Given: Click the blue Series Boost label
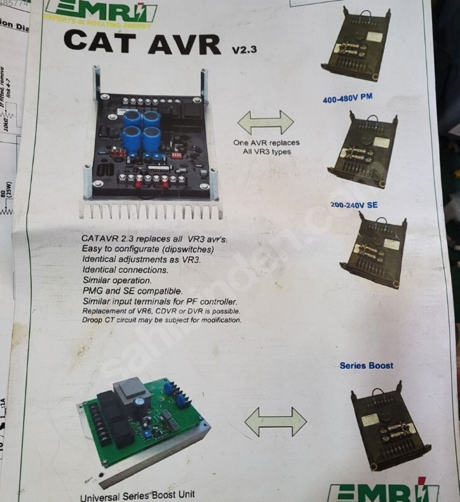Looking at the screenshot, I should pyautogui.click(x=366, y=366).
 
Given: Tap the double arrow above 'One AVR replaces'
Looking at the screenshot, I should pyautogui.click(x=266, y=121).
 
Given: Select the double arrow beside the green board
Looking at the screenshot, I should pyautogui.click(x=275, y=421).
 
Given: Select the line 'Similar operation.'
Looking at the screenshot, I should pyautogui.click(x=117, y=281).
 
